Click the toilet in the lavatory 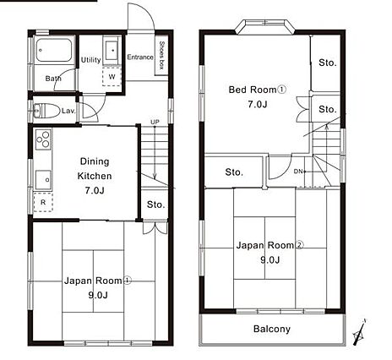tap(46, 110)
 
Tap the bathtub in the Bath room tap(53, 50)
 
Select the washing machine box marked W tap(112, 76)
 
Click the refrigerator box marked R tap(43, 202)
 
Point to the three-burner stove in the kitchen tap(43, 139)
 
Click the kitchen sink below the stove tap(43, 180)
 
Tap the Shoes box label tap(161, 55)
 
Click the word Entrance tap(140, 57)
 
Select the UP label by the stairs tap(155, 122)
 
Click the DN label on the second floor tap(297, 172)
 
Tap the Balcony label tap(272, 329)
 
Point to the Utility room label tap(91, 60)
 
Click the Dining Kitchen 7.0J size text tap(95, 191)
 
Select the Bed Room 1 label tap(258, 90)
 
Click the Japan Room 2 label tap(269, 245)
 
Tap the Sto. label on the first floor tap(155, 205)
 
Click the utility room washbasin tap(112, 51)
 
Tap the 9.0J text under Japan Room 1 tap(98, 295)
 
